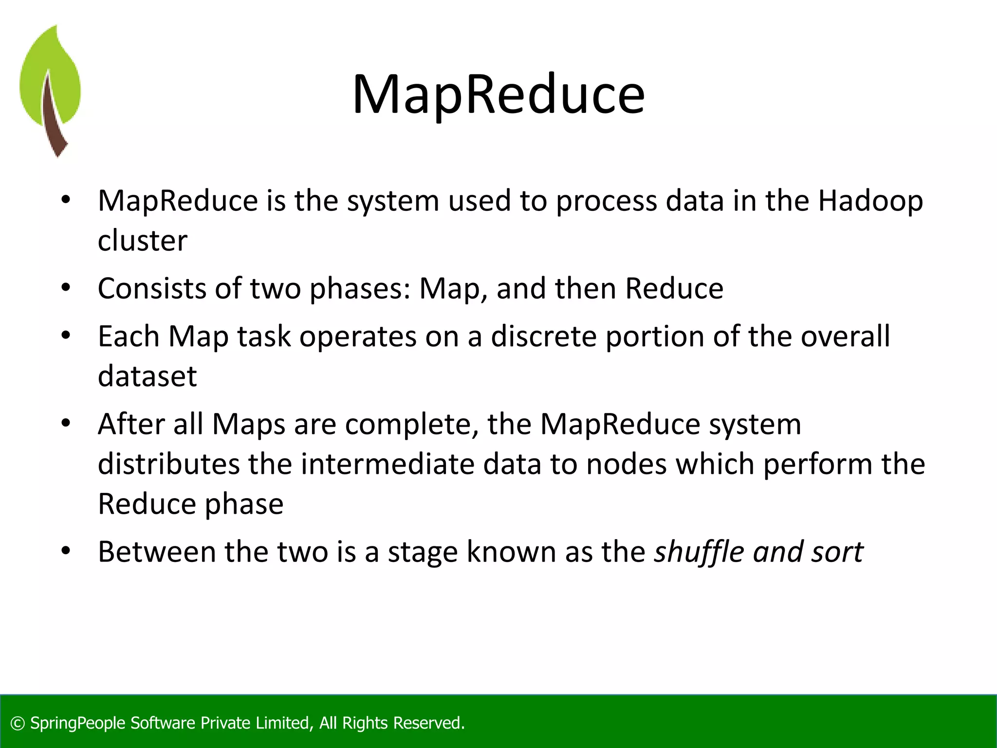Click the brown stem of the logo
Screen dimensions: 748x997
[53, 122]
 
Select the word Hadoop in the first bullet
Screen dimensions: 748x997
[870, 201]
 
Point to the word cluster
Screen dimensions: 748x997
[142, 241]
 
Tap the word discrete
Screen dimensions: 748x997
[543, 336]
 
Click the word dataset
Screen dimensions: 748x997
[147, 376]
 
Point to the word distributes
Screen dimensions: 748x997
[168, 464]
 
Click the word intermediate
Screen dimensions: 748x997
[388, 464]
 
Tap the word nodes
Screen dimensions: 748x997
[626, 464]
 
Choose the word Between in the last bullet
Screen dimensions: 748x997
[157, 552]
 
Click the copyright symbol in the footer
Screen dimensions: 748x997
[18, 723]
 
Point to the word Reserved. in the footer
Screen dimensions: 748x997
[428, 723]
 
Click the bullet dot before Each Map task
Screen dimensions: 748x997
[66, 335]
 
